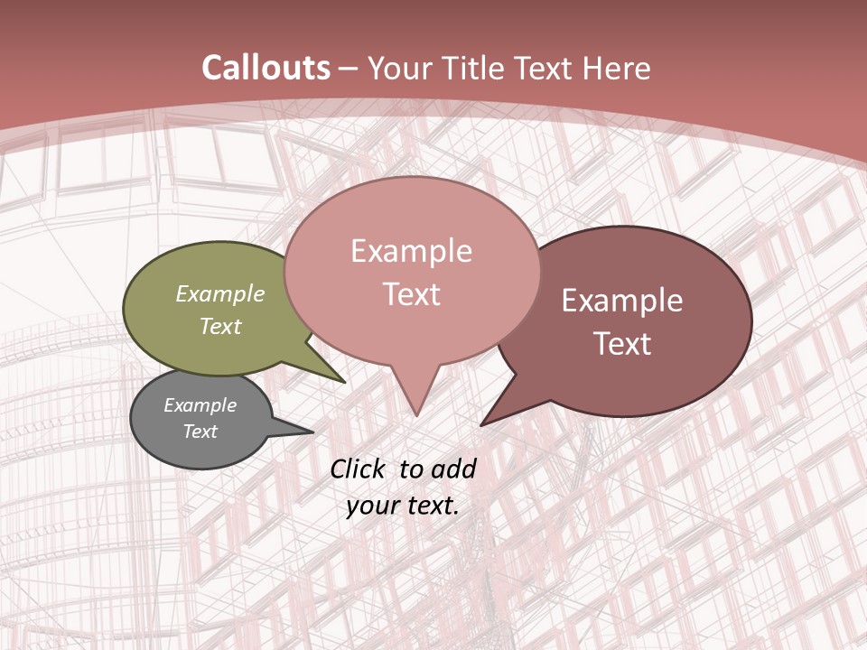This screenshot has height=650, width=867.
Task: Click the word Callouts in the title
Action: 266,68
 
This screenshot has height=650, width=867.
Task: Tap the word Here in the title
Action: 614,68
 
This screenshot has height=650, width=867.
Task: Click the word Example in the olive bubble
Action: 219,293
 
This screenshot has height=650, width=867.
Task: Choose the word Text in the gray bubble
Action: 200,432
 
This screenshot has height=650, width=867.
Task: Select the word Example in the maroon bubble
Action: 622,301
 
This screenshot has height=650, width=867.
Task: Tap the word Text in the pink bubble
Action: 411,294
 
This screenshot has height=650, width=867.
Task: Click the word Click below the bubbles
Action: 359,469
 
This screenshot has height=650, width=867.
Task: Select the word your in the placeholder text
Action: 371,506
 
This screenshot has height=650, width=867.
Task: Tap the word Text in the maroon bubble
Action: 622,344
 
